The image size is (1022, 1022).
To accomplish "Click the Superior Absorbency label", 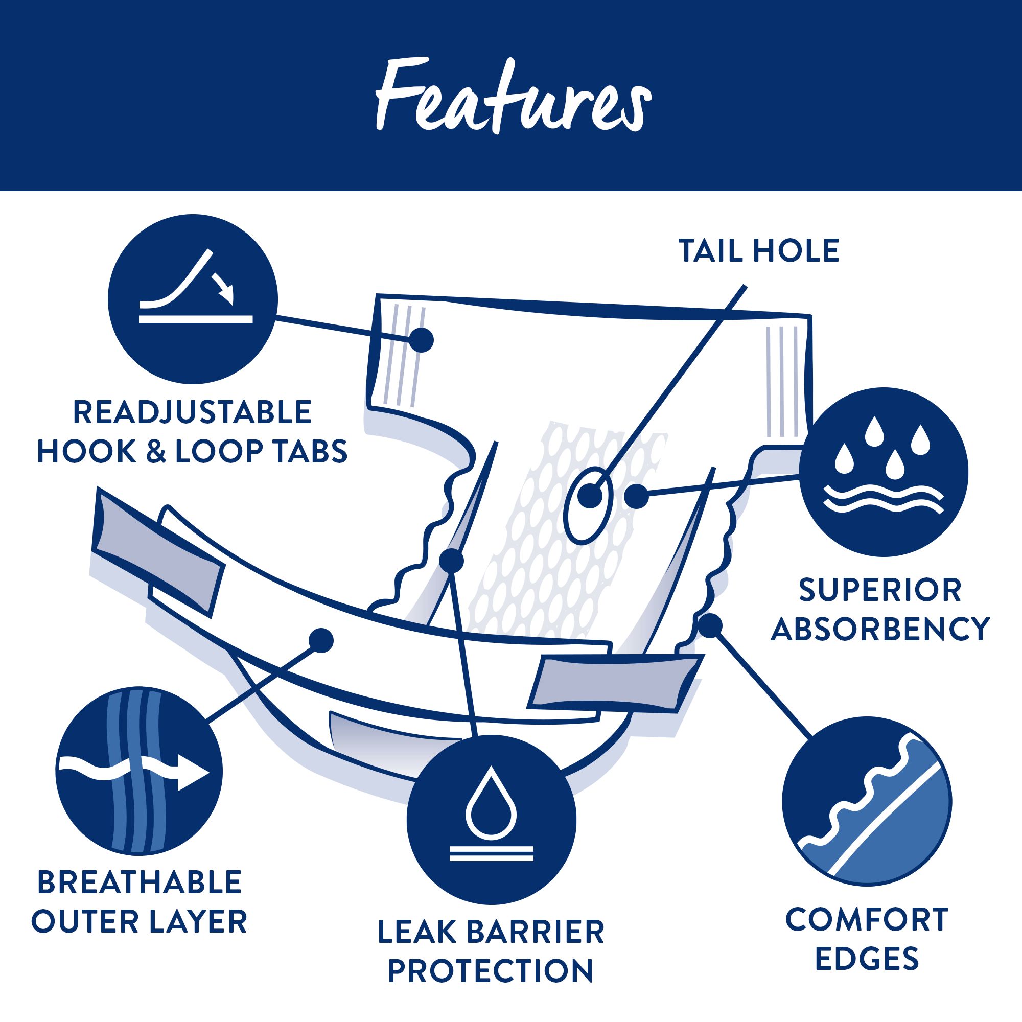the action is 880,610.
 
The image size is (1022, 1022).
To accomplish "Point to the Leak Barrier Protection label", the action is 491,951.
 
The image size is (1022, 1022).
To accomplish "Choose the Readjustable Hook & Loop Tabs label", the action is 192,432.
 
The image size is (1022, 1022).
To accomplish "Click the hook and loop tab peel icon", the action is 193,299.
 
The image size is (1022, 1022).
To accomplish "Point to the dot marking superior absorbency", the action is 636,497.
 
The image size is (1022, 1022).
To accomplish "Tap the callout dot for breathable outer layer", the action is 320,641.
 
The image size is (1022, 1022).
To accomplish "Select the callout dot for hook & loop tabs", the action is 421,340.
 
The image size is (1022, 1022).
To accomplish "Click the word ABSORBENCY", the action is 880,629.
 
